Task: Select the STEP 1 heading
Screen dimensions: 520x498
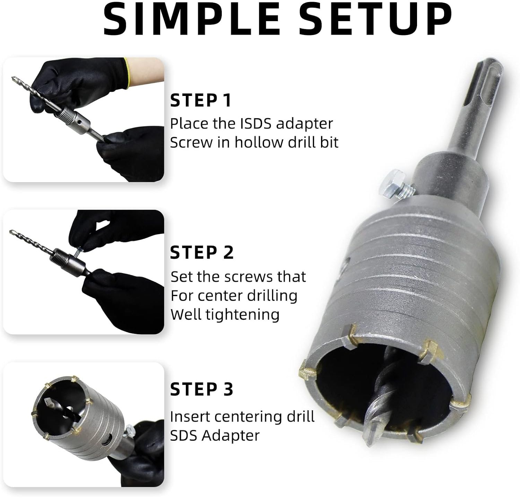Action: (x=200, y=100)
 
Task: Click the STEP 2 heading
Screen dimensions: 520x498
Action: (x=202, y=252)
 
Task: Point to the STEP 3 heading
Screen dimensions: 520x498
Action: (x=202, y=389)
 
